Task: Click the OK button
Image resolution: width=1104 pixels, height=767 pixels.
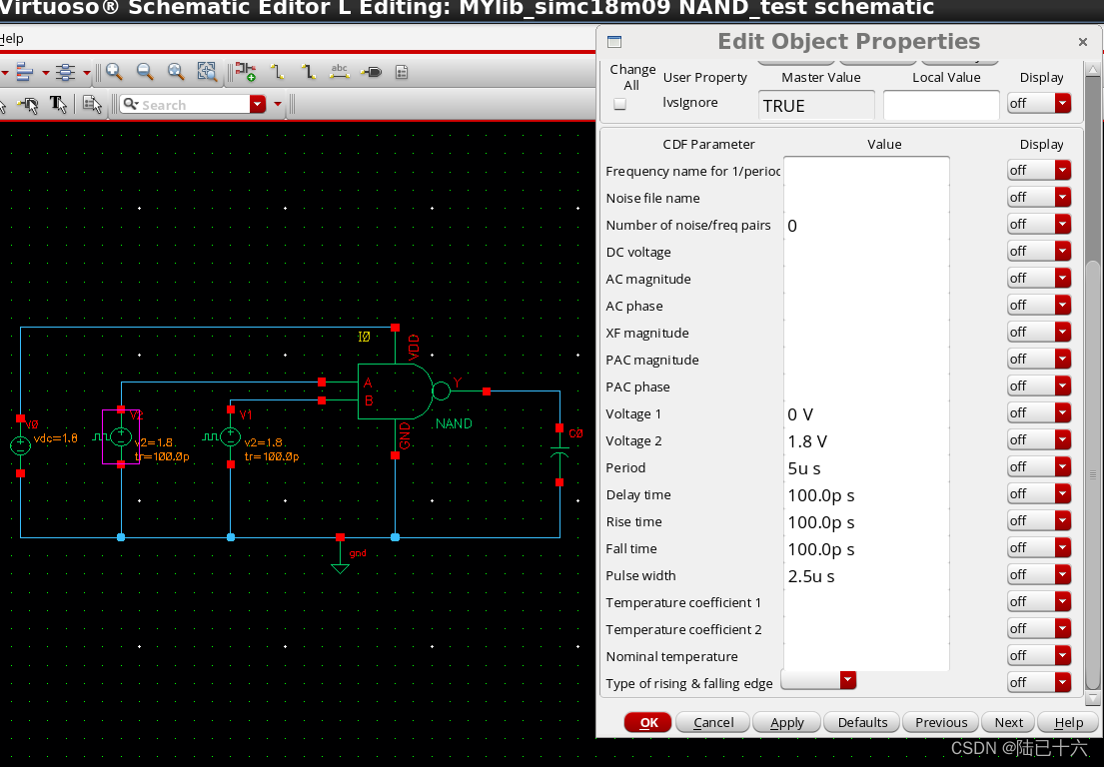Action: pos(648,722)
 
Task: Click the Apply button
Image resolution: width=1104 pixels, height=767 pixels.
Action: pos(786,722)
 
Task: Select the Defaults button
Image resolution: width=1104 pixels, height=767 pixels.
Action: pos(862,722)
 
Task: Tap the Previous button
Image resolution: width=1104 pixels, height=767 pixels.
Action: pos(941,722)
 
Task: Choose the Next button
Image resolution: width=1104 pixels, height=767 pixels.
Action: pos(1008,722)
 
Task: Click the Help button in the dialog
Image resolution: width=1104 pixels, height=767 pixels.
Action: pos(1068,722)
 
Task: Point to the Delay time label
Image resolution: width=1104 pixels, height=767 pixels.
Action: pos(638,495)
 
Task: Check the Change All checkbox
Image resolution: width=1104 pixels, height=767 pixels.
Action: pos(619,104)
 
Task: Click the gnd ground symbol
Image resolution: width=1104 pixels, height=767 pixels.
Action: pos(341,566)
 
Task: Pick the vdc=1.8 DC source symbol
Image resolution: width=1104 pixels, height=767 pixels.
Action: pos(21,446)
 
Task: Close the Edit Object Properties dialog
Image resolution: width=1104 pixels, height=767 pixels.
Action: pos(1083,42)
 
